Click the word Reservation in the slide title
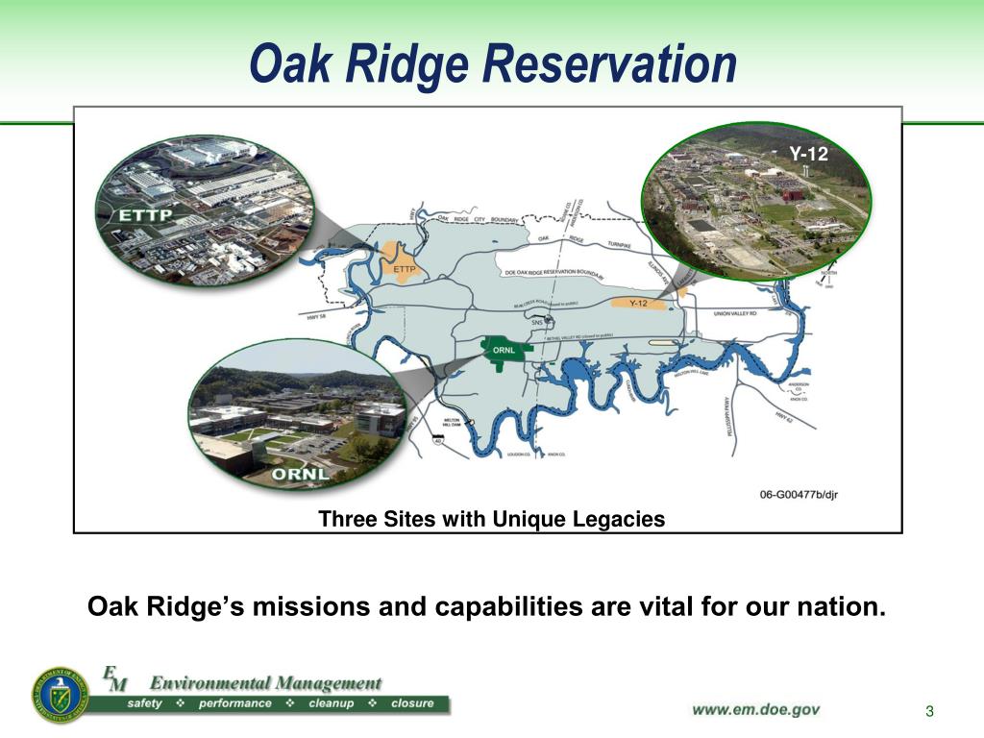[x=609, y=64]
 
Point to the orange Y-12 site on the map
[x=636, y=304]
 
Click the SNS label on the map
[x=537, y=323]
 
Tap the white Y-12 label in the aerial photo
[x=808, y=153]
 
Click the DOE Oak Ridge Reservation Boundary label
[x=554, y=273]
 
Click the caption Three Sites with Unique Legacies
[x=491, y=520]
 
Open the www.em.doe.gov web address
[x=756, y=709]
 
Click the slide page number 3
[x=929, y=711]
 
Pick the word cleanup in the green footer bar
[x=332, y=703]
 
